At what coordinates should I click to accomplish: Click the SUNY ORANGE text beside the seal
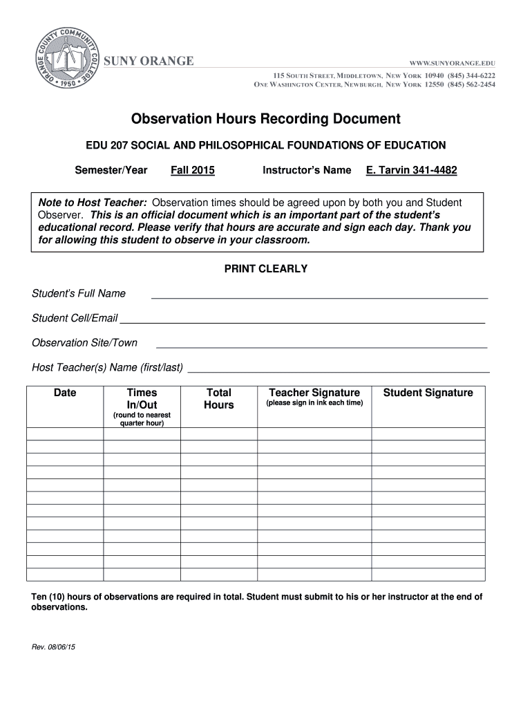[149, 62]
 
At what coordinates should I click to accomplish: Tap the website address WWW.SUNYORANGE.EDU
[453, 63]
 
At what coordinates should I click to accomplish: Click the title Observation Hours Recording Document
[266, 119]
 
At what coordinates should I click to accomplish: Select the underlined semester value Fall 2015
[193, 170]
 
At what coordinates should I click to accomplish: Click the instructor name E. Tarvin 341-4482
[411, 170]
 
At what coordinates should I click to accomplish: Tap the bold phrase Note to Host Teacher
[92, 203]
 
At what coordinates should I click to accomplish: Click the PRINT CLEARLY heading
[266, 269]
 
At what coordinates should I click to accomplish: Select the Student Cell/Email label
[75, 318]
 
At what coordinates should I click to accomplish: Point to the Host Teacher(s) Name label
[107, 367]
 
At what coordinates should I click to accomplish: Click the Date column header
[65, 393]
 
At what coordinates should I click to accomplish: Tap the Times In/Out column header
[142, 399]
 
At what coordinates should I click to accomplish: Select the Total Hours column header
[219, 399]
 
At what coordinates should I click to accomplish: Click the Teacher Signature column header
[314, 393]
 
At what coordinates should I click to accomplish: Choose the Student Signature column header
[428, 393]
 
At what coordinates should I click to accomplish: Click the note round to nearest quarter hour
[142, 419]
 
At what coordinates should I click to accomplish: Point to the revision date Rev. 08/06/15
[54, 647]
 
